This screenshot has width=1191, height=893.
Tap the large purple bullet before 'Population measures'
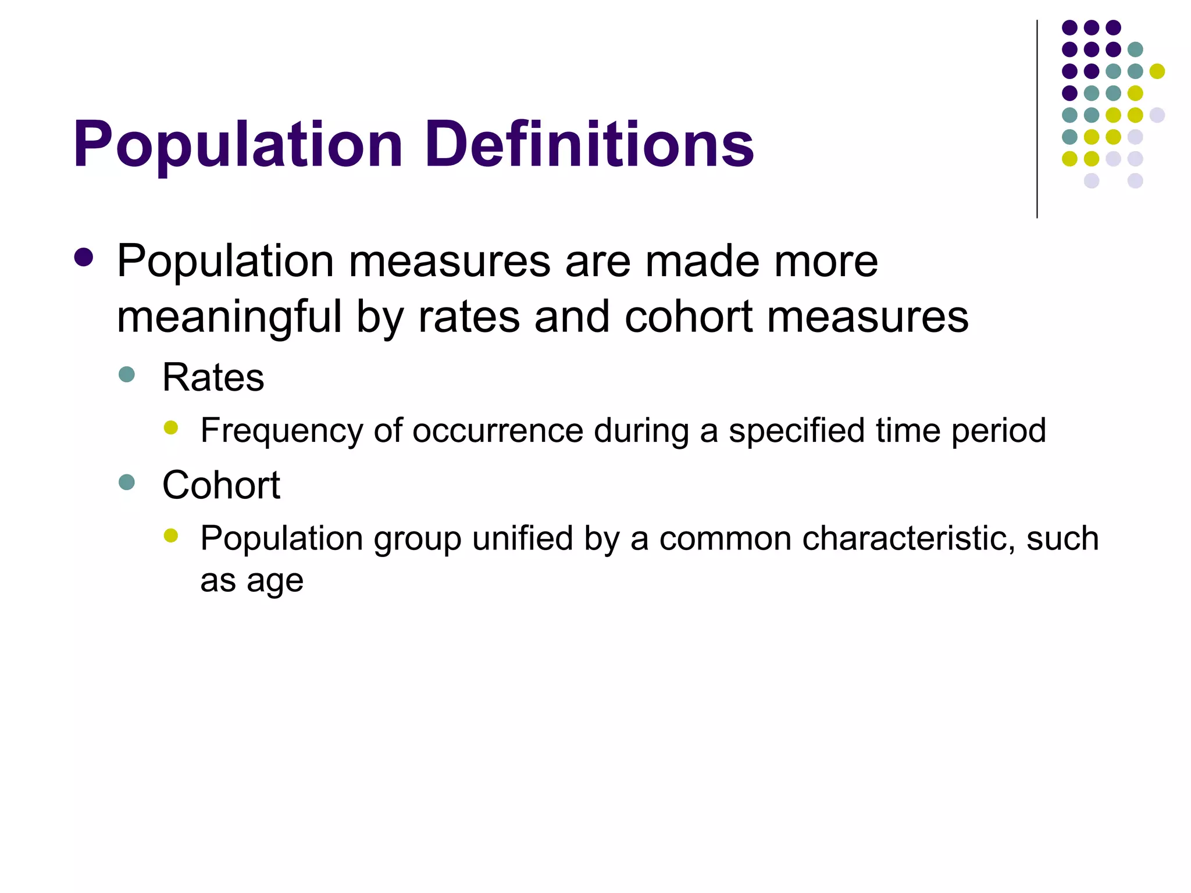click(84, 258)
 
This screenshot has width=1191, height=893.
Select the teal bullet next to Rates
click(126, 374)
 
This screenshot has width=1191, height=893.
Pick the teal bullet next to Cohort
click(126, 481)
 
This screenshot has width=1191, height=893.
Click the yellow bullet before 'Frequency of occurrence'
click(170, 428)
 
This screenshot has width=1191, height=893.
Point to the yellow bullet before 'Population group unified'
click(170, 535)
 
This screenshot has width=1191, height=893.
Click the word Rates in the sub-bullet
click(213, 377)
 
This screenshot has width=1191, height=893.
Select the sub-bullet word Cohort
click(221, 485)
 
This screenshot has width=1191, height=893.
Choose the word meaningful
click(229, 317)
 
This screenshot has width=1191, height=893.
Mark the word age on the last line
click(274, 581)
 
